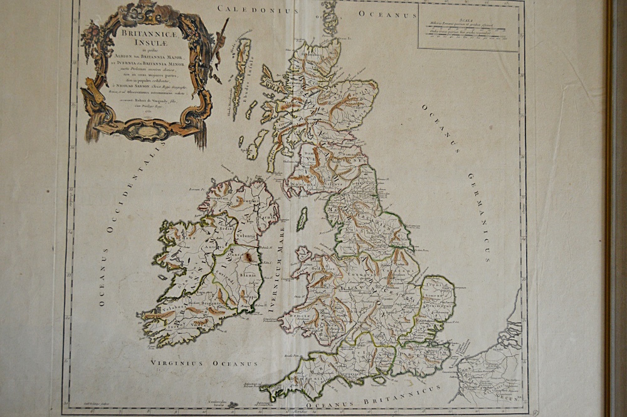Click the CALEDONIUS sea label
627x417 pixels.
[x=256, y=9]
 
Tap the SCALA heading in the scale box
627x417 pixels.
[x=468, y=19]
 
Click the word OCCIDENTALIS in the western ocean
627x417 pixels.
[x=131, y=188]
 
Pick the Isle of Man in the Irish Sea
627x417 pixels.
[x=302, y=219]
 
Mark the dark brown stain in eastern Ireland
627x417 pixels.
[x=249, y=256]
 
